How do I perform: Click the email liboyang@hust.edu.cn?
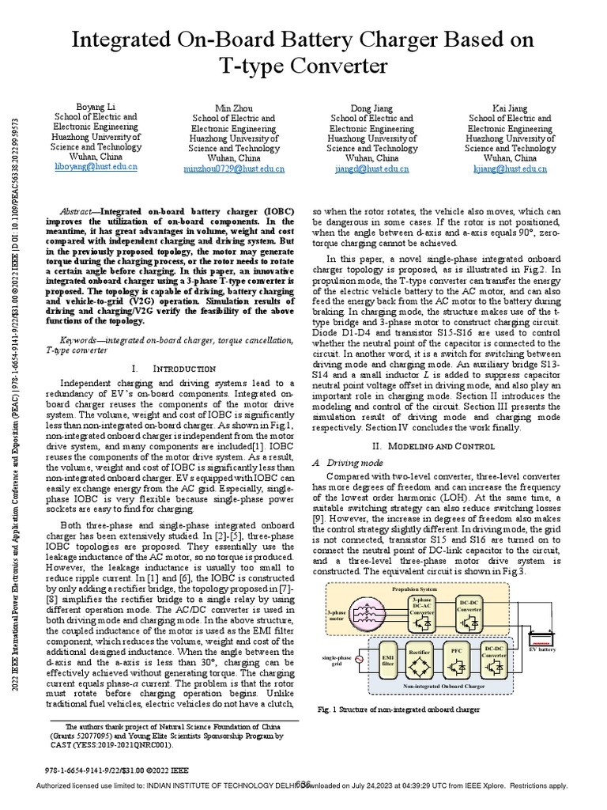point(96,168)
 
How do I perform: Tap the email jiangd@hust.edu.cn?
point(371,168)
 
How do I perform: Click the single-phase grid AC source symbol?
point(361,659)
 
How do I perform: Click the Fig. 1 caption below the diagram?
point(398,710)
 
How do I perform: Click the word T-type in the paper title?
point(253,64)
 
